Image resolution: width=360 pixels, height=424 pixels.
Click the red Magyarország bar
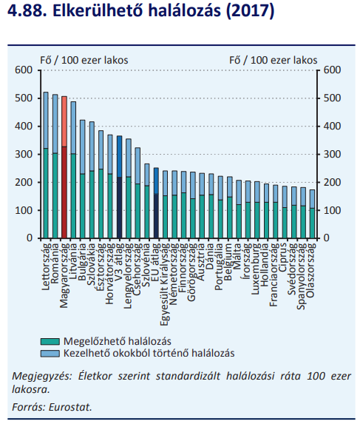click(64, 167)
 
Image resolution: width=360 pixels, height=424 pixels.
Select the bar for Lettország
click(46, 165)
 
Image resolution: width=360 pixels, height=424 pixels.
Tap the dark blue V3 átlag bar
click(119, 187)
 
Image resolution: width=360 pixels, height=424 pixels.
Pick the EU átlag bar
click(156, 203)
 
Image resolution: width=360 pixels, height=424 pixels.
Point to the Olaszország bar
click(312, 214)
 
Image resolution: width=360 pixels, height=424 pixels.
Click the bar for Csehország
click(137, 193)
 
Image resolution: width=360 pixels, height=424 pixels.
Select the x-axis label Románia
click(55, 263)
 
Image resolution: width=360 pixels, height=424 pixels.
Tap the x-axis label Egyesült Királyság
click(164, 284)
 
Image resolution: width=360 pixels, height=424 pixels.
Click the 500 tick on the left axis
click(24, 98)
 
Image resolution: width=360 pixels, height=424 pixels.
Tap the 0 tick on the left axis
click(30, 238)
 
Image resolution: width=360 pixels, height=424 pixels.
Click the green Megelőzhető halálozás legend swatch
click(50, 341)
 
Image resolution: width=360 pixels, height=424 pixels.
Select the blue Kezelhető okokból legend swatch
click(50, 354)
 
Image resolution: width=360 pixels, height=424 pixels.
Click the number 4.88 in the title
click(27, 11)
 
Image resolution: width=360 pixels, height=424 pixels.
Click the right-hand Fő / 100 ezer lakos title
click(274, 60)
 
